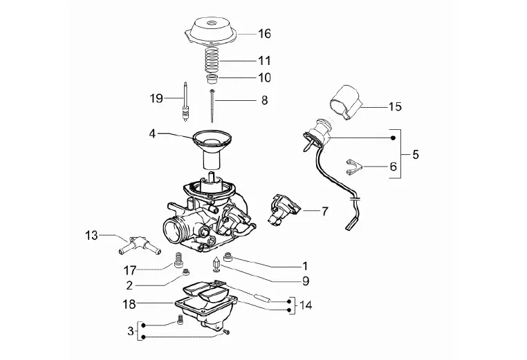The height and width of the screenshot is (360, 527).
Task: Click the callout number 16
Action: click(264, 34)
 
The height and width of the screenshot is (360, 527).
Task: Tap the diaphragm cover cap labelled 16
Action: click(211, 32)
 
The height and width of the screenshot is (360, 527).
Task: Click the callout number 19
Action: click(156, 98)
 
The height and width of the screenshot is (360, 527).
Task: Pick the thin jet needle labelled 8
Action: click(212, 106)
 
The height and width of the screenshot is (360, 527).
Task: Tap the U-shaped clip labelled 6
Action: click(353, 167)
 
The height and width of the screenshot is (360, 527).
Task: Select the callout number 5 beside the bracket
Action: click(416, 155)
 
